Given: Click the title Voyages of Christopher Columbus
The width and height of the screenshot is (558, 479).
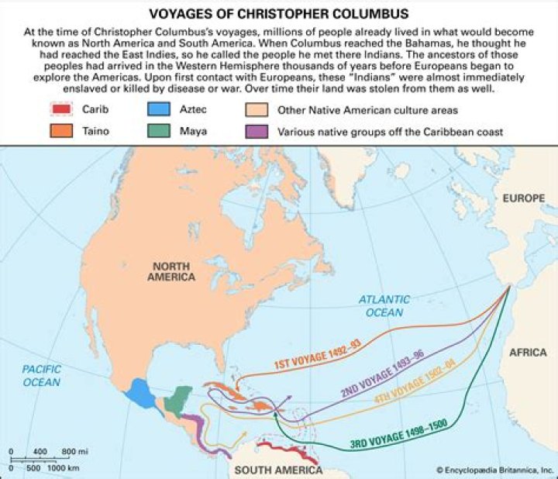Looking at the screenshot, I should tap(279, 13).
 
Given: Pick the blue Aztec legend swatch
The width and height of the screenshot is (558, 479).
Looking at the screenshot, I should tap(159, 109).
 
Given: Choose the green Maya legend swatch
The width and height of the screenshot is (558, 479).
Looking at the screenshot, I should tap(159, 131).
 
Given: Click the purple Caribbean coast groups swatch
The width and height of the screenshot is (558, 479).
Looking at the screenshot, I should tap(261, 131).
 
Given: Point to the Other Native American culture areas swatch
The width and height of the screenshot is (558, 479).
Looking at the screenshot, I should tap(261, 109).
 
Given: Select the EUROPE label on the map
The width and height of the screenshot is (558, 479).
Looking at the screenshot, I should tap(523, 199).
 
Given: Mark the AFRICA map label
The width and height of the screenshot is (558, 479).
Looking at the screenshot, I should tap(527, 353).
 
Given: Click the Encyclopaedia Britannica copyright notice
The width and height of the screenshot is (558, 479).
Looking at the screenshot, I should tap(493, 470).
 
